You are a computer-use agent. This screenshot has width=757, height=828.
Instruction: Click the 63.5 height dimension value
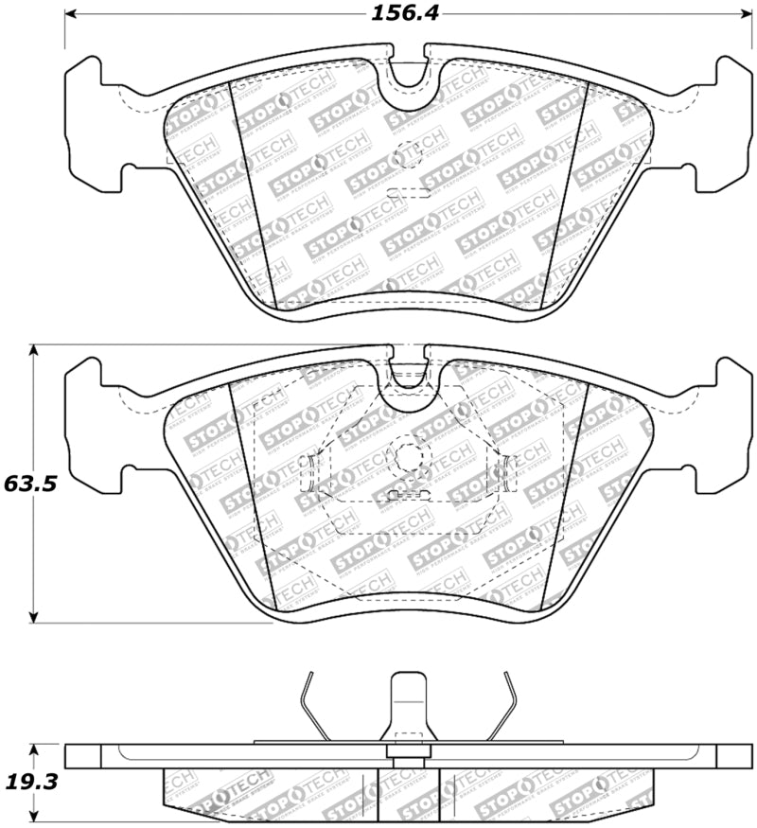pos(31,484)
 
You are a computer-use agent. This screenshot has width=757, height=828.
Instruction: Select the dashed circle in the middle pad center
pos(408,458)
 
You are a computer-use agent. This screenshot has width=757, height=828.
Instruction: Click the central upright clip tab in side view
pos(408,705)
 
